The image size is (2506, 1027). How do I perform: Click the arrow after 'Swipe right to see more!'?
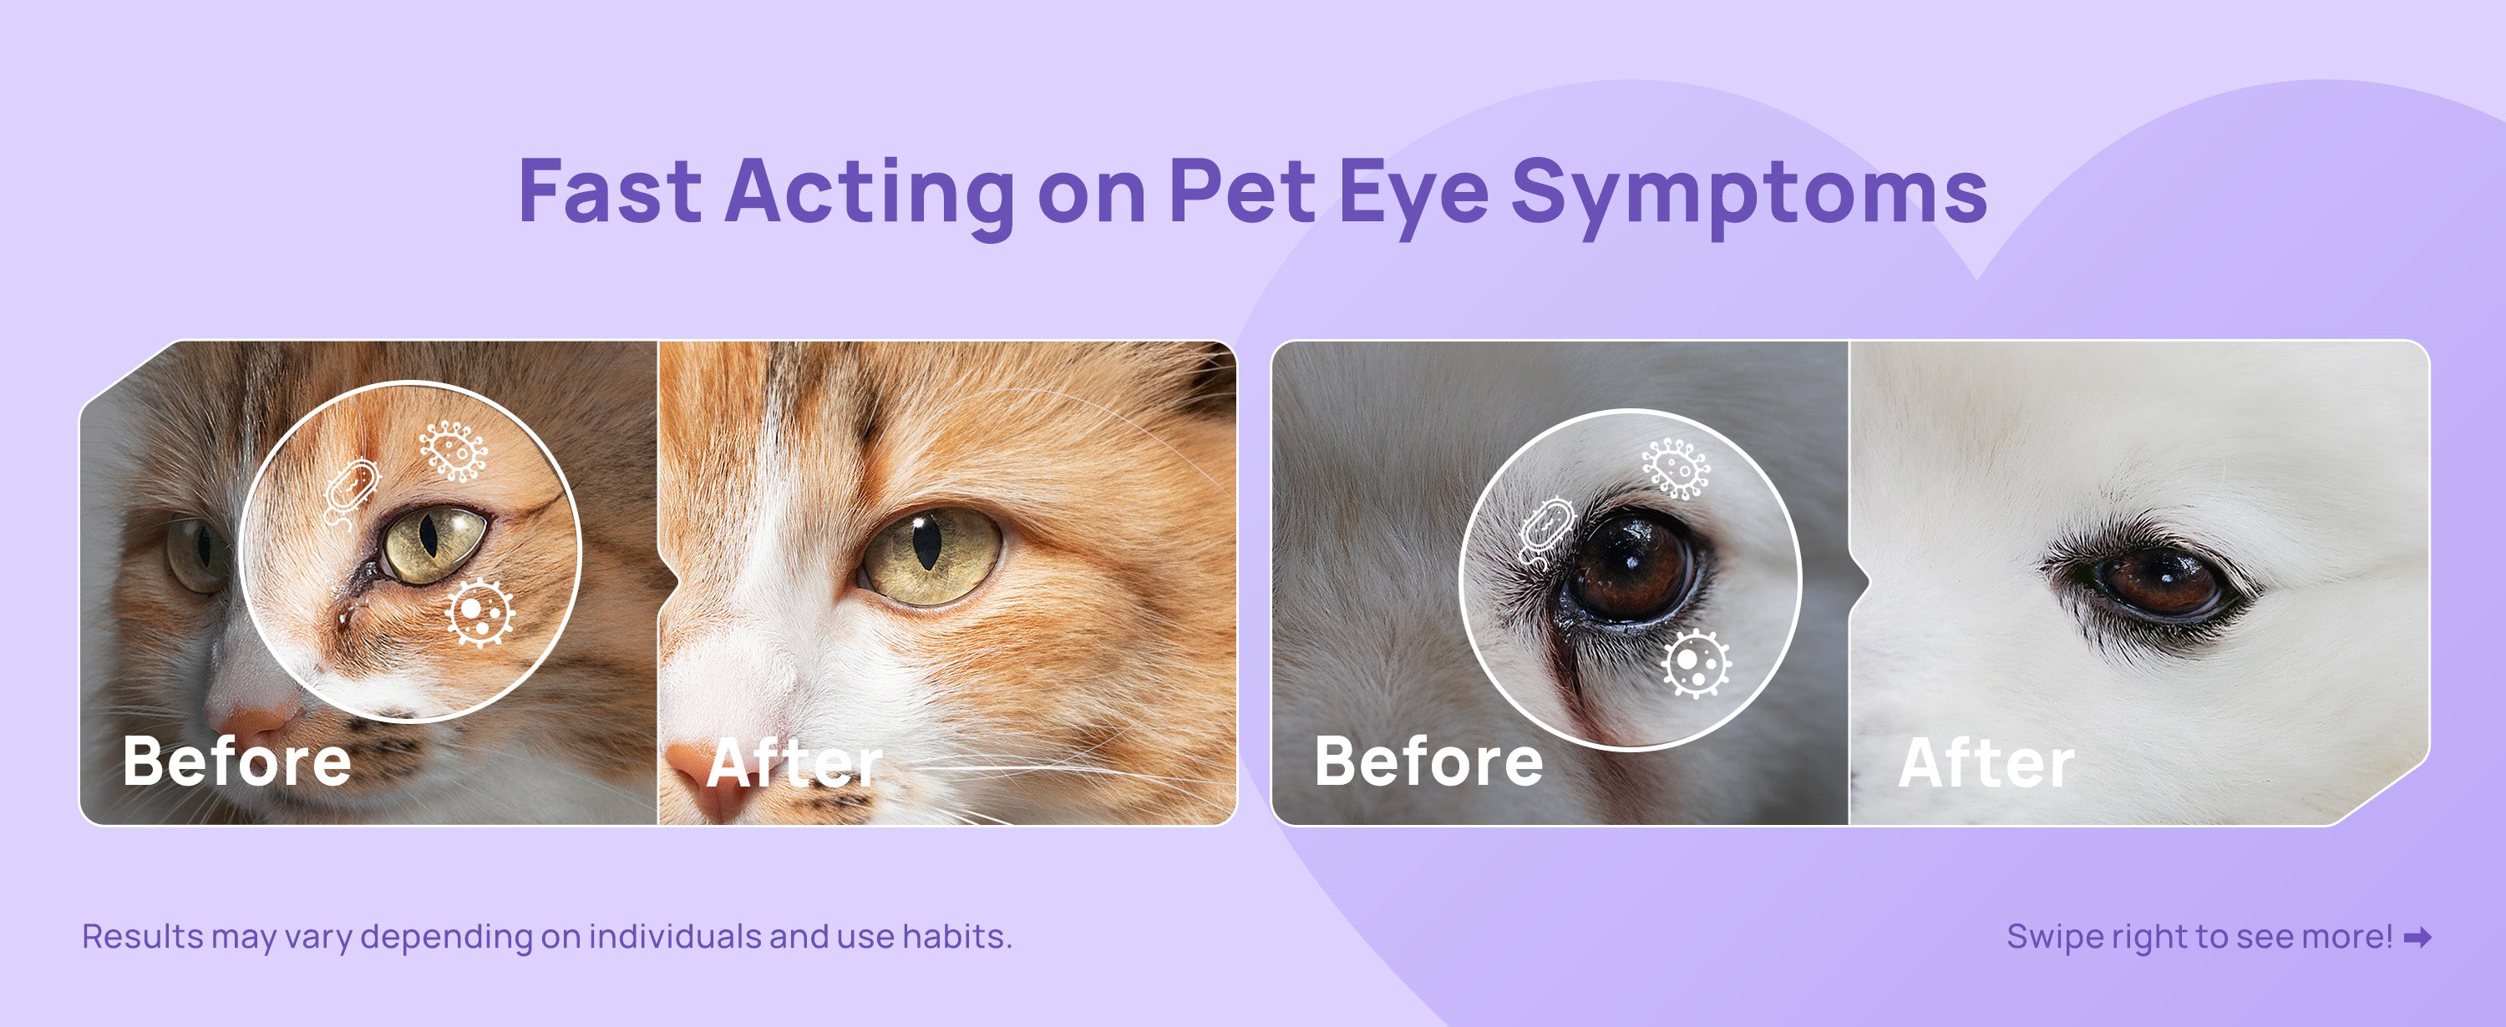point(2417,938)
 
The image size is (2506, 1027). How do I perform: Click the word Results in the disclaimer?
point(142,937)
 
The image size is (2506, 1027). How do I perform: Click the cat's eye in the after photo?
point(931,557)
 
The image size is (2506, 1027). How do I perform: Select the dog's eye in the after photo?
point(2161,580)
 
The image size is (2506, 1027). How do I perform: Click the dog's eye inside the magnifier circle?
point(1631,566)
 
